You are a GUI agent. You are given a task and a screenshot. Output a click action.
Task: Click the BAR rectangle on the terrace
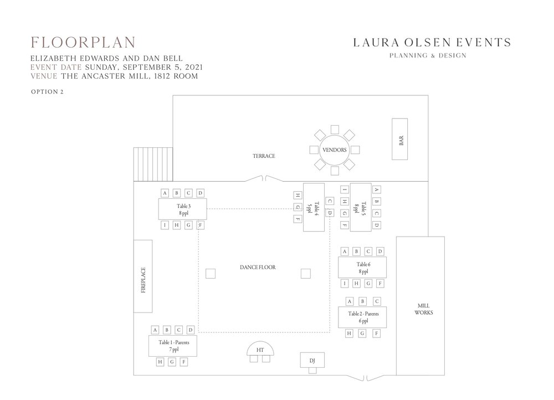coord(399,139)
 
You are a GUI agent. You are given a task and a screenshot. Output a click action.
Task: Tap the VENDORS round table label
coord(334,150)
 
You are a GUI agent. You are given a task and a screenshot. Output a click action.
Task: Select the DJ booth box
coord(312,360)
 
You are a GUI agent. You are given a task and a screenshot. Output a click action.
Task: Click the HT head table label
coord(260,350)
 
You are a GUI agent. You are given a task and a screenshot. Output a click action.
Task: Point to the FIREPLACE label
coord(143,280)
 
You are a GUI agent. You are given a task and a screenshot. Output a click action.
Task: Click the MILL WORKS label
coord(423,309)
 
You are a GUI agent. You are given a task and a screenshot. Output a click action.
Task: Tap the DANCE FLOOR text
coord(258,267)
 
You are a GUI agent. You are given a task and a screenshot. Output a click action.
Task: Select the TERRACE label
coord(264,156)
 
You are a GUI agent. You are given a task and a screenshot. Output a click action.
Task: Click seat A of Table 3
coord(165,193)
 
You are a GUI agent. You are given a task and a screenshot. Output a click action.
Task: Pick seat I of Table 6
coord(345,283)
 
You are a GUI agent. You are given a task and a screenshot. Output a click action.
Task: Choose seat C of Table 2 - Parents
coord(377,301)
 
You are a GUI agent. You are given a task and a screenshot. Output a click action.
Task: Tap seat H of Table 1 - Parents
coord(160,362)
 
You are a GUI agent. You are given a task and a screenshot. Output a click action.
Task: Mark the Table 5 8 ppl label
coord(360,208)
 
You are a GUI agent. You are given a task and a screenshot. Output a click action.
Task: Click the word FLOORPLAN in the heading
coord(83,43)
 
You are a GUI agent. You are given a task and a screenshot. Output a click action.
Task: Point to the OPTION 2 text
coord(47,92)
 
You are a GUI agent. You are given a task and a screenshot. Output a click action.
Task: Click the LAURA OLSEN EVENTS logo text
coord(432,43)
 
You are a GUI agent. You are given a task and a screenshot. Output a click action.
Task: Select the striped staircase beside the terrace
coord(153,165)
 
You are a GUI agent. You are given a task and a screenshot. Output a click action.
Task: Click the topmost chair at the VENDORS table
coord(335,129)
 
